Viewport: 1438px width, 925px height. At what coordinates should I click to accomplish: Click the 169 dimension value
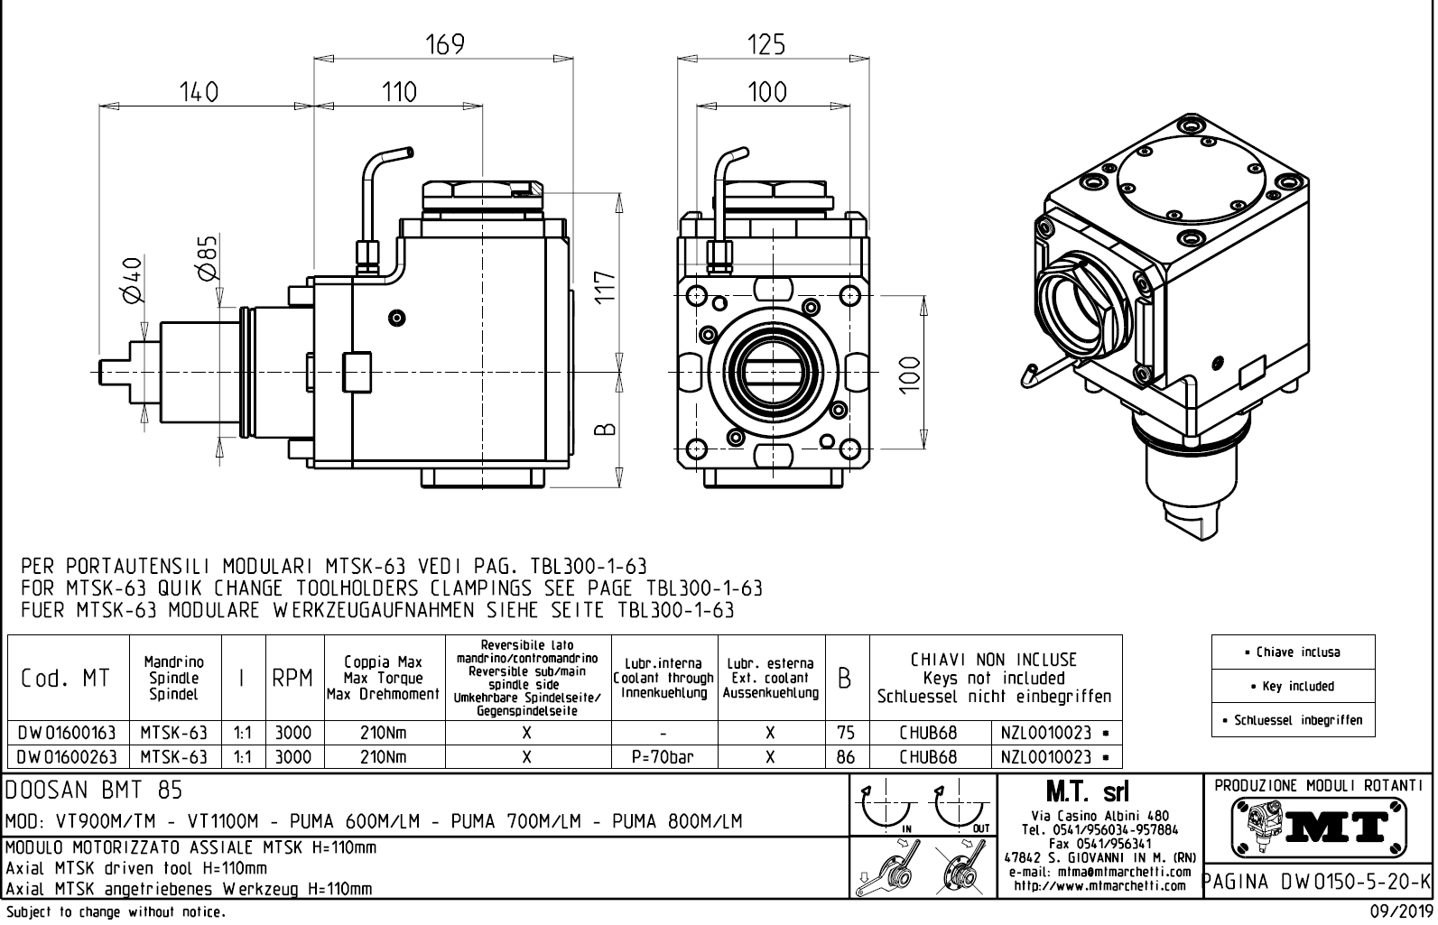click(445, 44)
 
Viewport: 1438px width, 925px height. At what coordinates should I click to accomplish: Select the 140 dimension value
click(199, 92)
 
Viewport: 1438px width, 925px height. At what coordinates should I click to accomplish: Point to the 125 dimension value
click(766, 45)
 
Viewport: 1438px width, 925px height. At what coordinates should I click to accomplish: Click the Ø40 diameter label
click(132, 280)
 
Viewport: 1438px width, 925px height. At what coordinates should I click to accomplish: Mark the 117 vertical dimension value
click(605, 288)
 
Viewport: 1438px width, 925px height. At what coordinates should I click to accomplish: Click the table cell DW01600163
click(67, 733)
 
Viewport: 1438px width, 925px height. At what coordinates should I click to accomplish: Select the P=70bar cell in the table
click(663, 757)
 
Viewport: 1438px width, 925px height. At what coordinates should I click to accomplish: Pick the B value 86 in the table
click(846, 757)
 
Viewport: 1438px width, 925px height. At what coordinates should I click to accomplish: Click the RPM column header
click(292, 678)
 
